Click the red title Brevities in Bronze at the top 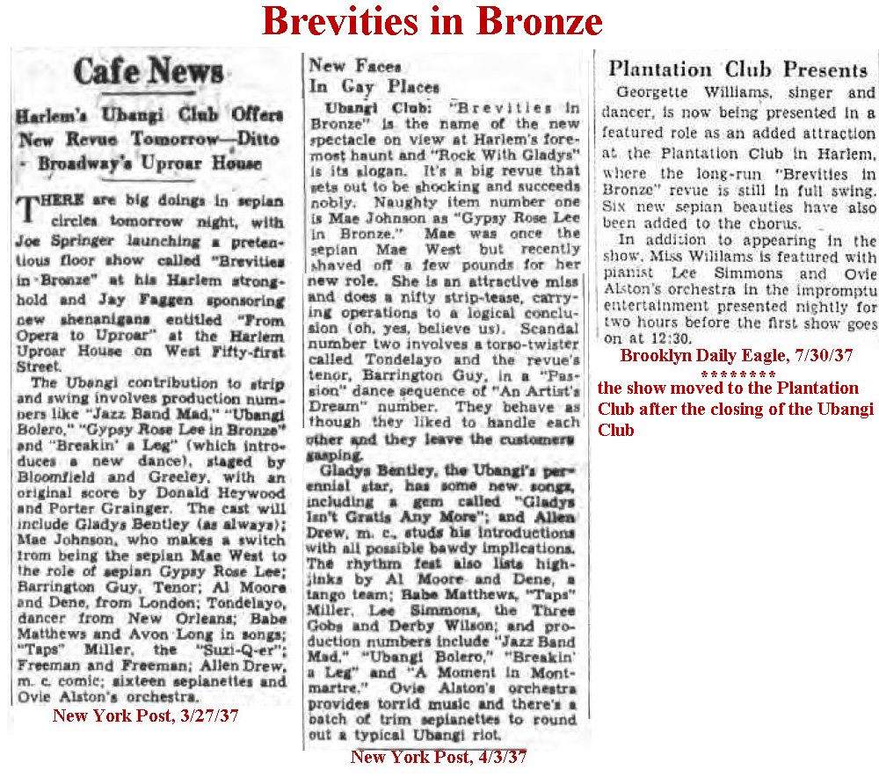[x=431, y=23]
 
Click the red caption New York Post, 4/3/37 [x=439, y=757]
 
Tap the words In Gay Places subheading [x=374, y=86]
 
